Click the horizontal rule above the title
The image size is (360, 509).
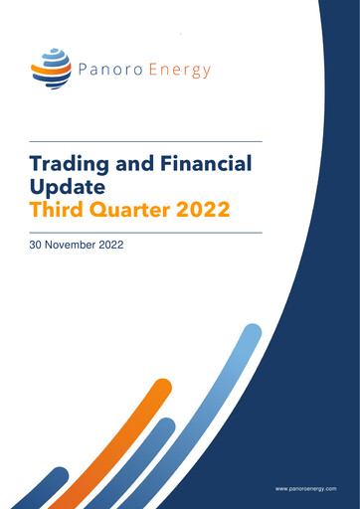(x=145, y=141)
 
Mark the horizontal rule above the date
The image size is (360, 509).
(x=145, y=232)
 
